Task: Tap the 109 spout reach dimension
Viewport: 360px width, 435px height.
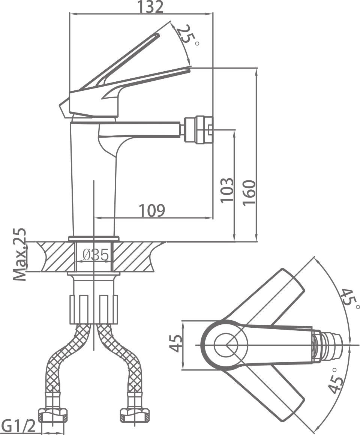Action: [x=152, y=210]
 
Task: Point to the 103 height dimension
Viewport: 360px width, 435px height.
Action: [x=227, y=190]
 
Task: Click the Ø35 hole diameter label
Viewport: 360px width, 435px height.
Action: [x=96, y=255]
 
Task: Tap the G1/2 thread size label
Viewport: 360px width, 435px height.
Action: [x=18, y=426]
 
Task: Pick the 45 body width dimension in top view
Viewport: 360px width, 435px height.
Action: [x=175, y=343]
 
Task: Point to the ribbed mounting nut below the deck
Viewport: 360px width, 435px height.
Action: [x=94, y=309]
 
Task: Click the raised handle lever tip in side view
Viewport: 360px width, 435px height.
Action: [x=157, y=36]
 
